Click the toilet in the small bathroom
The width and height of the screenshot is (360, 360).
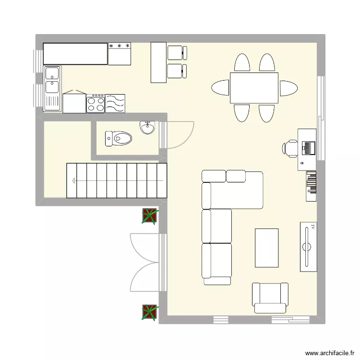[x=119, y=138]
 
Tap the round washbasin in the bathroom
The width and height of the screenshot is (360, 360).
[x=147, y=128]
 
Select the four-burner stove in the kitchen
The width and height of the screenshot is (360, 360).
[x=96, y=104]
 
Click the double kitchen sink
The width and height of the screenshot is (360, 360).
[x=52, y=88]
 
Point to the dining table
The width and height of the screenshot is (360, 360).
[x=254, y=88]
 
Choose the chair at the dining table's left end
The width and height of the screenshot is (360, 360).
[x=220, y=87]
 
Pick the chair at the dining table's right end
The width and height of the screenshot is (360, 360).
[x=288, y=88]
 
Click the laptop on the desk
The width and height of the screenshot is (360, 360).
[x=309, y=148]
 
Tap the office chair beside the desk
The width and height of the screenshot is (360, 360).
[x=290, y=148]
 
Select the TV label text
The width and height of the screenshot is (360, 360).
[x=312, y=227]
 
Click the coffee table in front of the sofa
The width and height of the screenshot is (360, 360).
[x=266, y=248]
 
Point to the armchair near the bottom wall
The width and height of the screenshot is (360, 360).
[x=270, y=298]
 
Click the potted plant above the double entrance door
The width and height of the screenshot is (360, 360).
[x=149, y=216]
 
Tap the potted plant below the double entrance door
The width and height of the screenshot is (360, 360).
[x=149, y=312]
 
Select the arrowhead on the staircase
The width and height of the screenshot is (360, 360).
[x=74, y=180]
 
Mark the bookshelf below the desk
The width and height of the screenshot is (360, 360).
[x=311, y=186]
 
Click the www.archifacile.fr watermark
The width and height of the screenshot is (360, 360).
[x=330, y=353]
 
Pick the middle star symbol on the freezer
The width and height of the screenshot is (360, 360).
[x=120, y=46]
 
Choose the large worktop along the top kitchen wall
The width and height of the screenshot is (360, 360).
[x=75, y=54]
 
